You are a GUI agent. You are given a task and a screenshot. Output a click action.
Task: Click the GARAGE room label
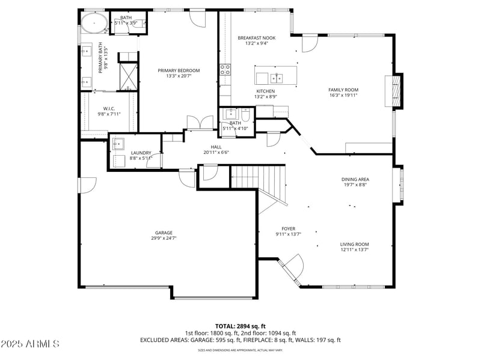pyautogui.click(x=164, y=233)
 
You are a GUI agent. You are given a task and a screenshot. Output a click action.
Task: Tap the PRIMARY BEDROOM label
pyautogui.click(x=179, y=70)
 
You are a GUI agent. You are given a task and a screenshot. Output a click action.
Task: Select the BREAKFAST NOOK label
pyautogui.click(x=257, y=37)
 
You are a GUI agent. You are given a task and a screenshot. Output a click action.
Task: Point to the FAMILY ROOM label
pyautogui.click(x=343, y=90)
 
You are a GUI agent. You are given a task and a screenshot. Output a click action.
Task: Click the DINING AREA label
pyautogui.click(x=355, y=179)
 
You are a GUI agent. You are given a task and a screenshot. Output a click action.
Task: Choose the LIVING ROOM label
pyautogui.click(x=354, y=244)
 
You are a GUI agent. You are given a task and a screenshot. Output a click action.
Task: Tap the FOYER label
pyautogui.click(x=288, y=228)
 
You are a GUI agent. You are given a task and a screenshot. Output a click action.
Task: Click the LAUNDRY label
pyautogui.click(x=141, y=153)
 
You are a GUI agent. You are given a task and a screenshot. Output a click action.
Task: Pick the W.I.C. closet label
pyautogui.click(x=109, y=109)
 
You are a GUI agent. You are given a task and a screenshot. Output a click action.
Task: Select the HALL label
pyautogui.click(x=216, y=147)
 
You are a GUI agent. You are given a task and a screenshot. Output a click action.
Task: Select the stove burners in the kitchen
pyautogui.click(x=225, y=69)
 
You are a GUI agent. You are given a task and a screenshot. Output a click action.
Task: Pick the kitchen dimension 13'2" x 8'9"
pyautogui.click(x=265, y=96)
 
